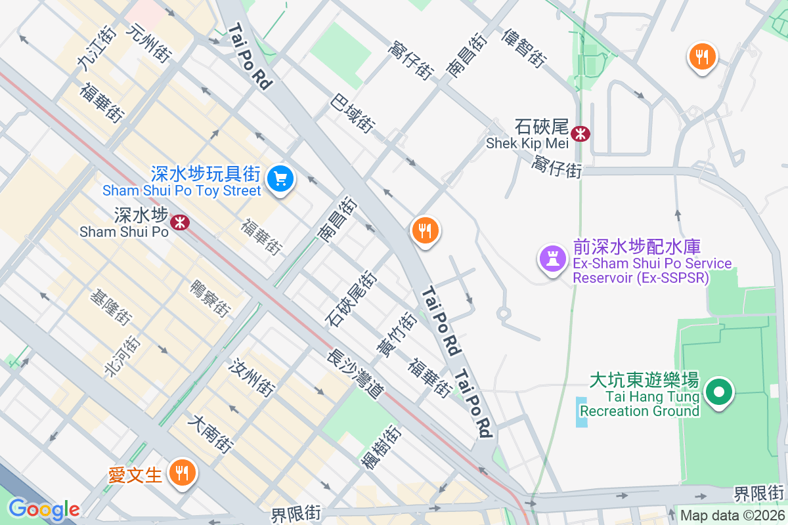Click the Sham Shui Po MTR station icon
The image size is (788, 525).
[179, 222]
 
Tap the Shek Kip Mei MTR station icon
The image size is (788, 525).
[580, 134]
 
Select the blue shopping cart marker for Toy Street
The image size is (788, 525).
[280, 178]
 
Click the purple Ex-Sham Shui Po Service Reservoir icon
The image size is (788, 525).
[552, 259]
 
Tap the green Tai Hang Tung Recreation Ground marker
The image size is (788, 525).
[719, 393]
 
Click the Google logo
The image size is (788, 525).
[43, 509]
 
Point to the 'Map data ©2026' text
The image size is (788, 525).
[732, 515]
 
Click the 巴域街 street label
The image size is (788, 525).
[353, 112]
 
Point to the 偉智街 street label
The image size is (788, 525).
[523, 49]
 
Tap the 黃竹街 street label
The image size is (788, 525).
[395, 335]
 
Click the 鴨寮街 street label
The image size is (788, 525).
[210, 299]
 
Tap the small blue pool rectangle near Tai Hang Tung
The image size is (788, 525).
[582, 412]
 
